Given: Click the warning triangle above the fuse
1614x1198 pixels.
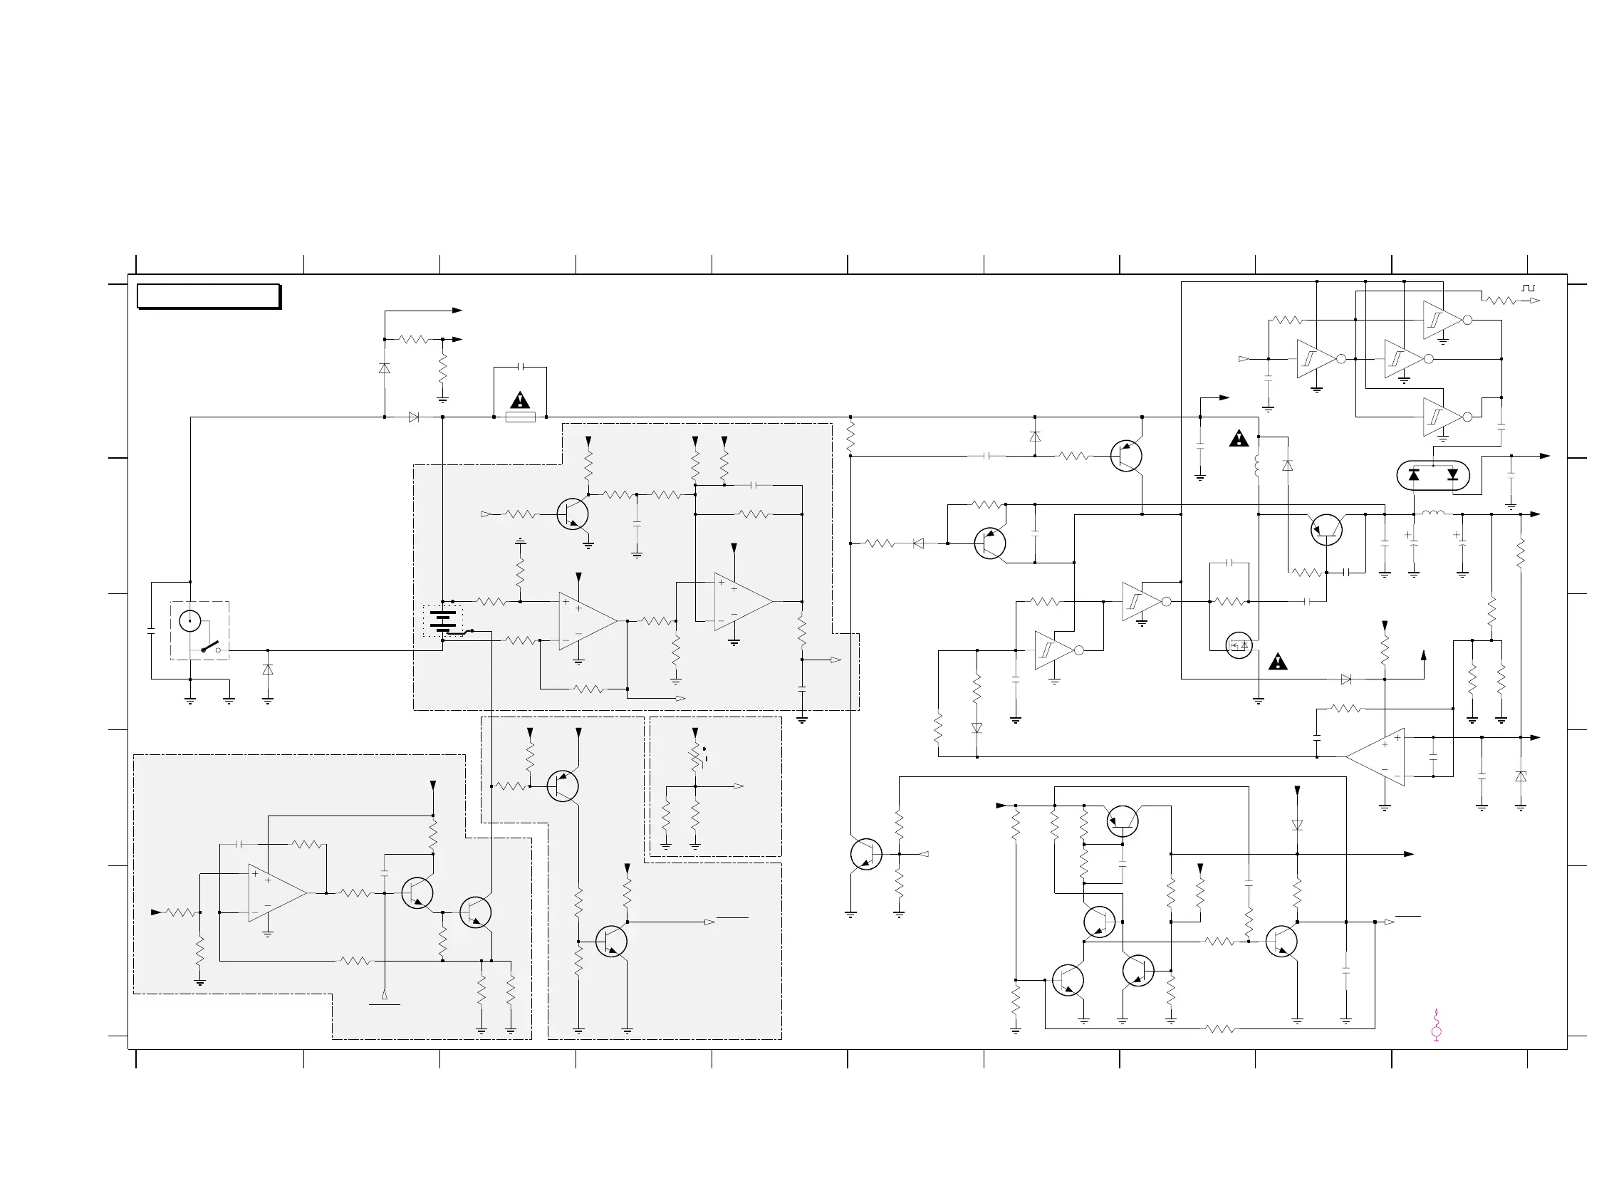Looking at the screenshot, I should pyautogui.click(x=520, y=400).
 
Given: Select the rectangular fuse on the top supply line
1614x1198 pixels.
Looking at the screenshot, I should pyautogui.click(x=520, y=417).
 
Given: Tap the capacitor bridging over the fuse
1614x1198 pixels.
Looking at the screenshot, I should pyautogui.click(x=520, y=368).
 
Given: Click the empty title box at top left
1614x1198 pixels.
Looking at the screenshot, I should pyautogui.click(x=209, y=296).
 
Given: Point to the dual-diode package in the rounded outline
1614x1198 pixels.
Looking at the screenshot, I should pyautogui.click(x=1433, y=475).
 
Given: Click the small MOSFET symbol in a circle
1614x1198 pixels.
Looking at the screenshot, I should pyautogui.click(x=1239, y=645).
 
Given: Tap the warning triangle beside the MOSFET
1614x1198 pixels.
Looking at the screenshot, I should pyautogui.click(x=1278, y=662).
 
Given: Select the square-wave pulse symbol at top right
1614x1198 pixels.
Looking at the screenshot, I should pyautogui.click(x=1529, y=288).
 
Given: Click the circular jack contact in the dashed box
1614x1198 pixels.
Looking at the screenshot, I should pyautogui.click(x=190, y=620).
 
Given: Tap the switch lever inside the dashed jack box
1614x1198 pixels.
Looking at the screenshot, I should pyautogui.click(x=210, y=646).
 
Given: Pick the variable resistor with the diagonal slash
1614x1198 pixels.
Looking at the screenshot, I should pyautogui.click(x=695, y=759).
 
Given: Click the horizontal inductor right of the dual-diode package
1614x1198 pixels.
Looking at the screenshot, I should pyautogui.click(x=1433, y=514).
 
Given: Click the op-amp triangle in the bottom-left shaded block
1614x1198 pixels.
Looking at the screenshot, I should pyautogui.click(x=276, y=892).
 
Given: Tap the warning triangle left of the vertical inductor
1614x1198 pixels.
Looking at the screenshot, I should pyautogui.click(x=1239, y=438).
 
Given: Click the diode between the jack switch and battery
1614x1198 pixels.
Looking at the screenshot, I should pyautogui.click(x=268, y=670).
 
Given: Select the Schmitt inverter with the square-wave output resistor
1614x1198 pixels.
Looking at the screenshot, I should pyautogui.click(x=1443, y=320).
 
